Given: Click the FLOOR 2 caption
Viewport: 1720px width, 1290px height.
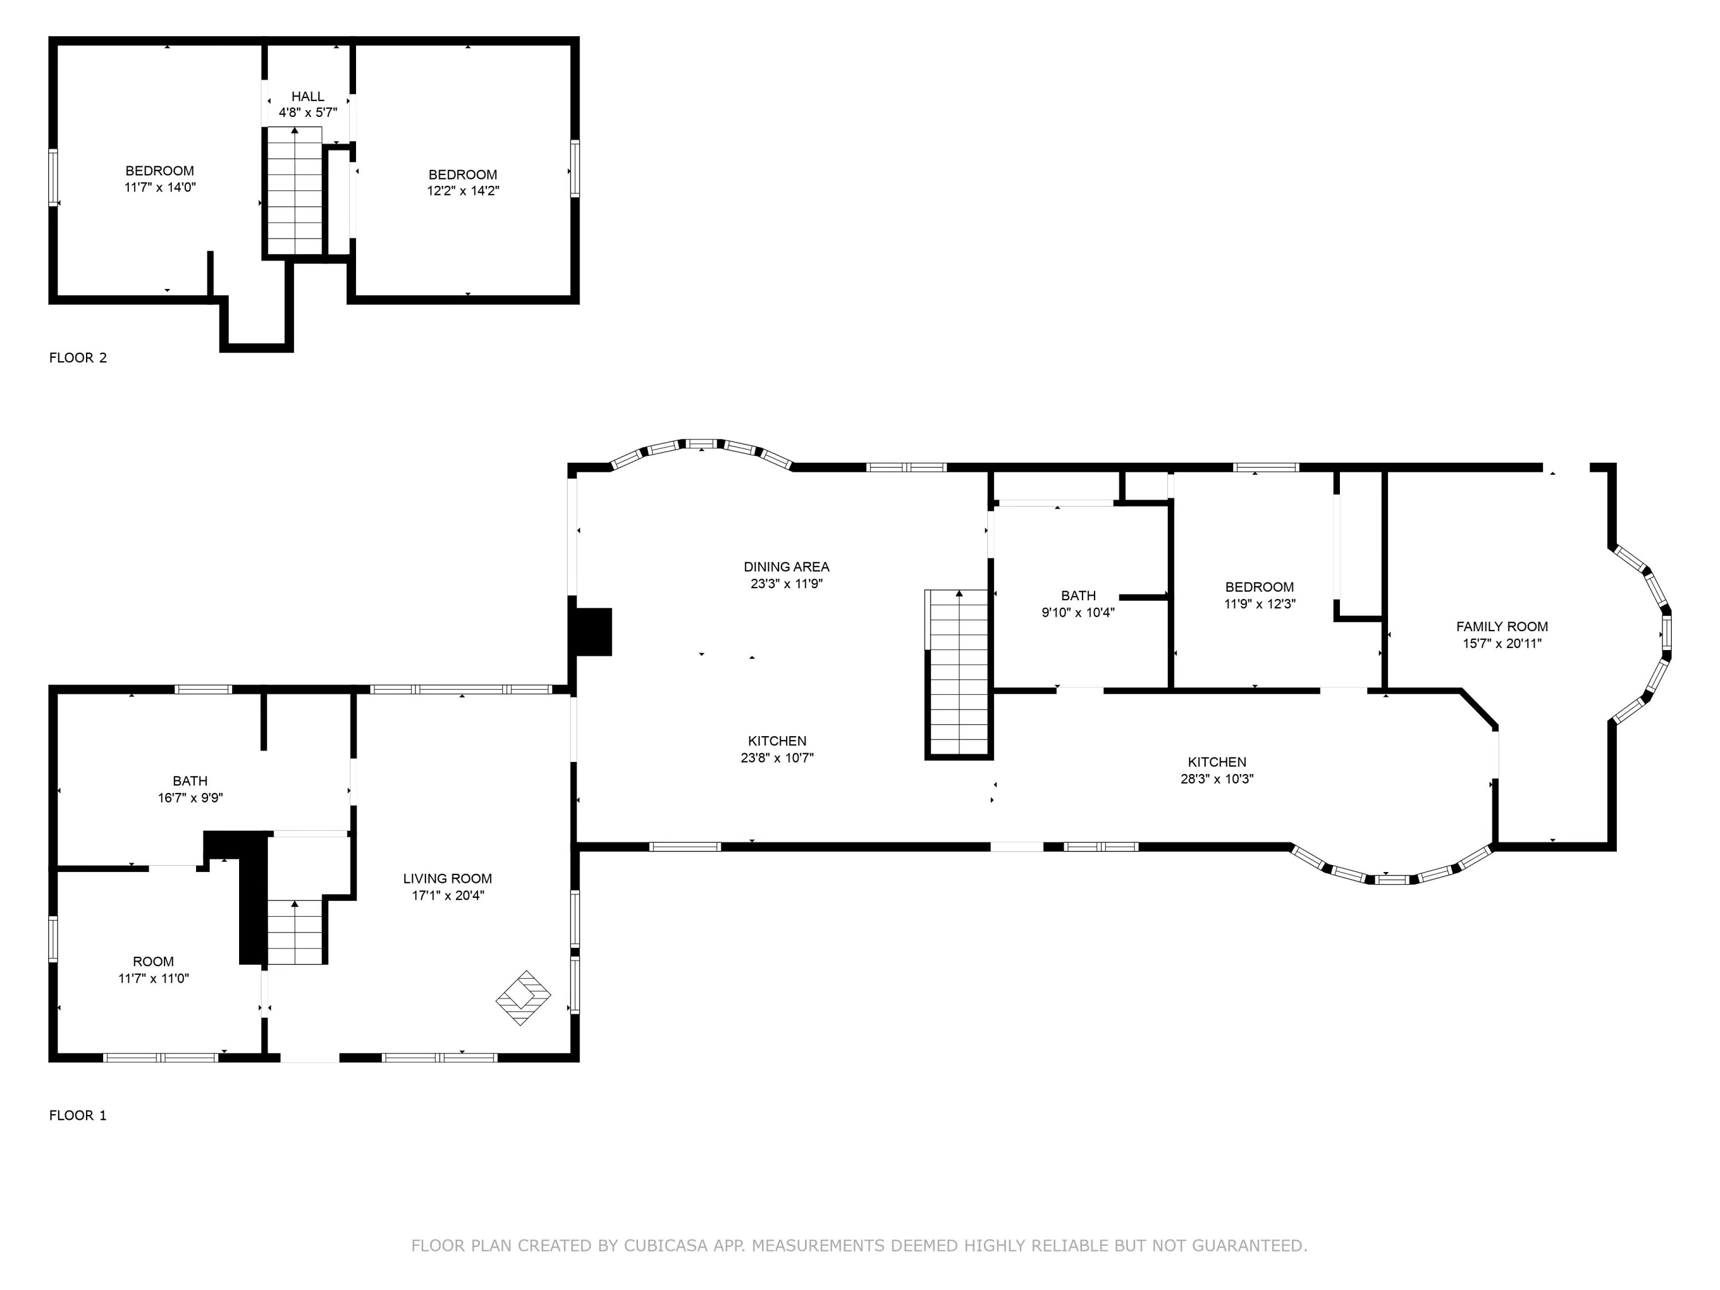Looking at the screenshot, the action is (x=78, y=358).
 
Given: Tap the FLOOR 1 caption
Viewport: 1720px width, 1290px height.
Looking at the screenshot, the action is (x=78, y=1115).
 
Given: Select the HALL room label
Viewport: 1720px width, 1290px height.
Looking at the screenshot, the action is (x=308, y=96).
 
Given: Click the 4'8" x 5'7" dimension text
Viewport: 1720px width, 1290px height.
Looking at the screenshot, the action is (x=308, y=113).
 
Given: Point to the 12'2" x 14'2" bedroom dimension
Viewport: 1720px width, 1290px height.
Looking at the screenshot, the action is (x=463, y=190).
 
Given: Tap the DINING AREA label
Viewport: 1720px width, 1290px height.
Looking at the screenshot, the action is (x=786, y=567).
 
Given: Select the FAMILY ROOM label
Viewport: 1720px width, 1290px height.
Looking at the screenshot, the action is (x=1502, y=627).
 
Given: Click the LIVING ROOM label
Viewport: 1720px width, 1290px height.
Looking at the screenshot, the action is (x=447, y=879).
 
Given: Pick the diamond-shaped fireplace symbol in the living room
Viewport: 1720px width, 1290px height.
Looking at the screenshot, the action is (x=523, y=998).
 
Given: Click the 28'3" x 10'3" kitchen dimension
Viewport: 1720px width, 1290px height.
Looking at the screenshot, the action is (x=1217, y=779).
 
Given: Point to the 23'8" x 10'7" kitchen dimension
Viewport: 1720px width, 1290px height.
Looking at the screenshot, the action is (x=777, y=757).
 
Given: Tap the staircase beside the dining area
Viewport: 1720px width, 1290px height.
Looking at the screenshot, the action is (x=959, y=673).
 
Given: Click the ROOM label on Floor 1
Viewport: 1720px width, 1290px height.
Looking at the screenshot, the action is (x=153, y=962).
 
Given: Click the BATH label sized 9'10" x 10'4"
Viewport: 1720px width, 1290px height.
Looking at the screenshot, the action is (x=1078, y=596).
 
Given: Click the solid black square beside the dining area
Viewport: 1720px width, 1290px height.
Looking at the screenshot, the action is (x=592, y=631).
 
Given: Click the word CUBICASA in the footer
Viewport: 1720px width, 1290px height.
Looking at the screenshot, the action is (x=666, y=1246).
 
